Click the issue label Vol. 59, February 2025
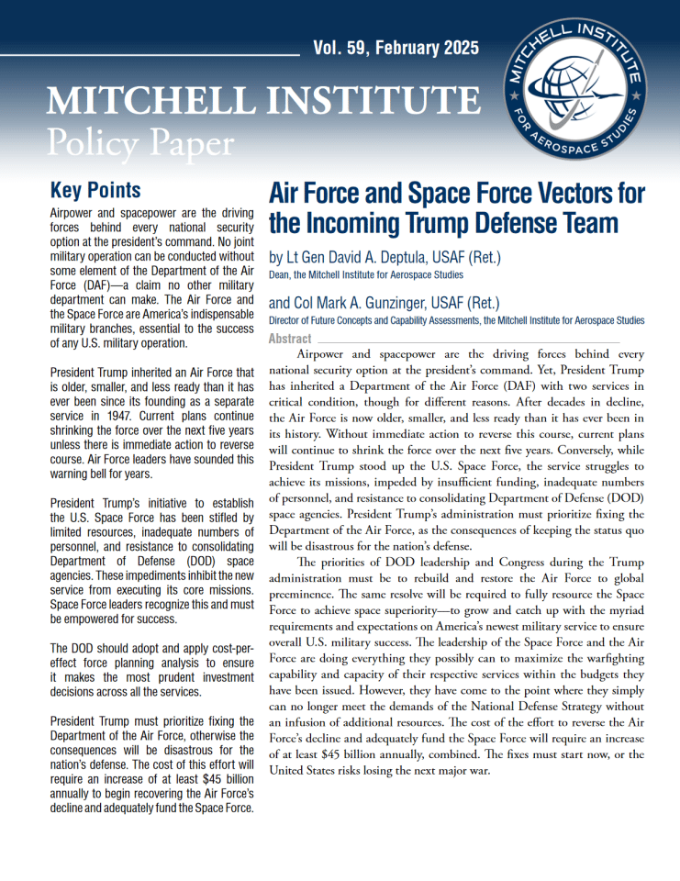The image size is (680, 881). [396, 49]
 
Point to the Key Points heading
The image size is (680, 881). [95, 190]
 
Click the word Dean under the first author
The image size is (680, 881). [280, 274]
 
